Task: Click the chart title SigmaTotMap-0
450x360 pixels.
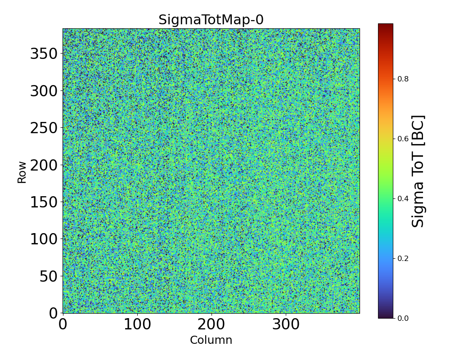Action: (x=211, y=20)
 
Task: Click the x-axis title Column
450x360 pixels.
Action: (x=211, y=340)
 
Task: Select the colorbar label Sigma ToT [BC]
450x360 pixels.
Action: (x=418, y=171)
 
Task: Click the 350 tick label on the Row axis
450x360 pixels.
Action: (x=44, y=54)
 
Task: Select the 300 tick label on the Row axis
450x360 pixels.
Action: (x=44, y=91)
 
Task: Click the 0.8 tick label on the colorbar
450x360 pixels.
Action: (x=402, y=79)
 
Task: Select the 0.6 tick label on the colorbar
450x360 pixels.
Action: (x=402, y=139)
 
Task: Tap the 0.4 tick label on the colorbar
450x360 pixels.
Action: (x=402, y=198)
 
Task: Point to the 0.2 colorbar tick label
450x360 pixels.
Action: (x=402, y=258)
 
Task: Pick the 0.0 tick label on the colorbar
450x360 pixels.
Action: (x=402, y=318)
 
